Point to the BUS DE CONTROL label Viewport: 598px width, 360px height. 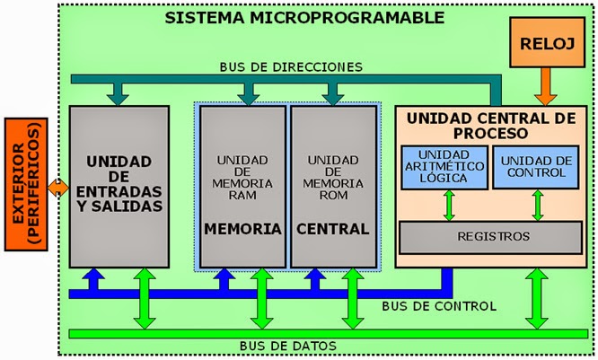438,306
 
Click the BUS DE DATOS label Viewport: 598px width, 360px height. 288,346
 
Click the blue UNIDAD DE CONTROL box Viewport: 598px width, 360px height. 537,166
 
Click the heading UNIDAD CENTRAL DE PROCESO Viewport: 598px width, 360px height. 490,127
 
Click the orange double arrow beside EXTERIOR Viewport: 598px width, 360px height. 58,187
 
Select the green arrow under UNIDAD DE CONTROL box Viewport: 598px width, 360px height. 537,205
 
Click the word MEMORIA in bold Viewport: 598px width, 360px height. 242,229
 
